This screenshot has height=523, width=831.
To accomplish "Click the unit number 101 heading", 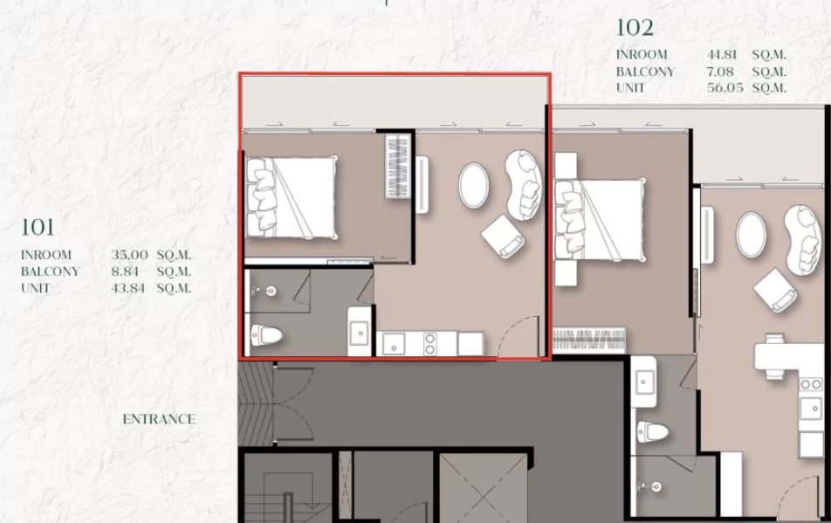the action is [38, 227].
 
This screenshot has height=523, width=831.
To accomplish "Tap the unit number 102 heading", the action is [635, 28].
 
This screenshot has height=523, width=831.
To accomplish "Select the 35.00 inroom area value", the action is [129, 255].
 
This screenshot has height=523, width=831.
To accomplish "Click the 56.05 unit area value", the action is [725, 87].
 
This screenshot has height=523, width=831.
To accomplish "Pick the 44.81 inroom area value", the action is [722, 55].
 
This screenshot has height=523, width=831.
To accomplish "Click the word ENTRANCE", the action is [159, 419].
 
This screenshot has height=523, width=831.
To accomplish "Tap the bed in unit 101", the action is [292, 197].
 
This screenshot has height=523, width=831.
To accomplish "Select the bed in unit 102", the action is [600, 220].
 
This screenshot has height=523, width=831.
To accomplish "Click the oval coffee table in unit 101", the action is [473, 185].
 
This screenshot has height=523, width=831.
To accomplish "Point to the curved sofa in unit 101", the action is [524, 185].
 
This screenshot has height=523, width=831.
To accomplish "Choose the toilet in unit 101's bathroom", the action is [266, 335].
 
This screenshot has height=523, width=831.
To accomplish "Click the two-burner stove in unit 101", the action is [429, 343].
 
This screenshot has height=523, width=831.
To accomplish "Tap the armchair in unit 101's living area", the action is [504, 237].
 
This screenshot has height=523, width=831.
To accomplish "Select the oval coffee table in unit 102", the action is [751, 235].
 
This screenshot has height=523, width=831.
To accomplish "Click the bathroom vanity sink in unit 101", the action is [360, 332].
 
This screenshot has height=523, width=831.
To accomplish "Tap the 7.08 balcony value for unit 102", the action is [720, 71].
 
